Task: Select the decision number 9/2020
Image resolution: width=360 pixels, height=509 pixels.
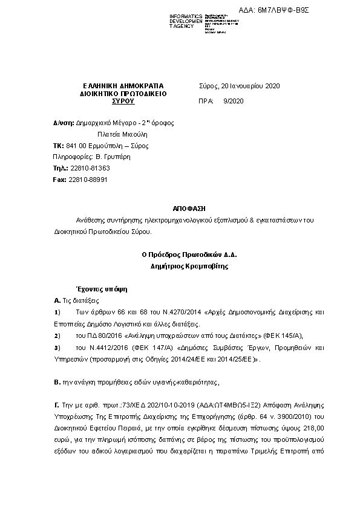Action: pyautogui.click(x=233, y=101)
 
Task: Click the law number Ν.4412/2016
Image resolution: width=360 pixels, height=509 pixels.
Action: pyautogui.click(x=94, y=348)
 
